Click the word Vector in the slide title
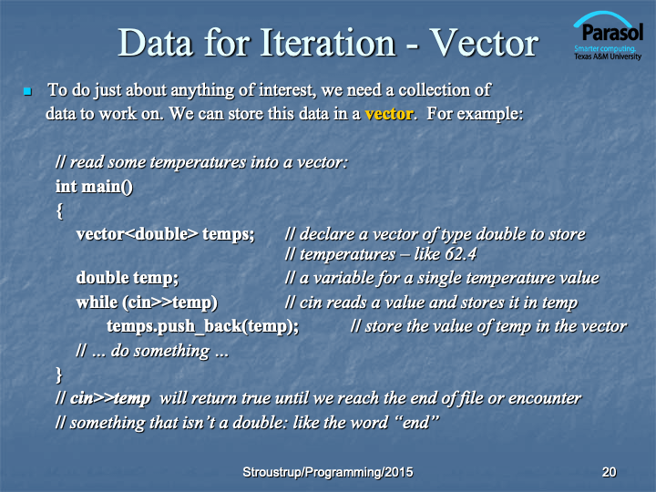coord(485,43)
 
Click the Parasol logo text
coord(612,32)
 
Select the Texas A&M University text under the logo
coord(608,56)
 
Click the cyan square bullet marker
coord(27,91)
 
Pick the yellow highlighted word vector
coord(389,114)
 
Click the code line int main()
coord(94,187)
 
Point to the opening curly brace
coord(59,210)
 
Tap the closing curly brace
coord(59,374)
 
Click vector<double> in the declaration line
coord(138,234)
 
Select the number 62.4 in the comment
coord(460,254)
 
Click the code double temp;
coord(128,278)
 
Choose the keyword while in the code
coord(97,302)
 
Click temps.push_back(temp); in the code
coord(203,326)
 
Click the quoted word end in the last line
coord(417,422)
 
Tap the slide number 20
coord(609,472)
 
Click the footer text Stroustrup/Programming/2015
coord(328,472)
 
